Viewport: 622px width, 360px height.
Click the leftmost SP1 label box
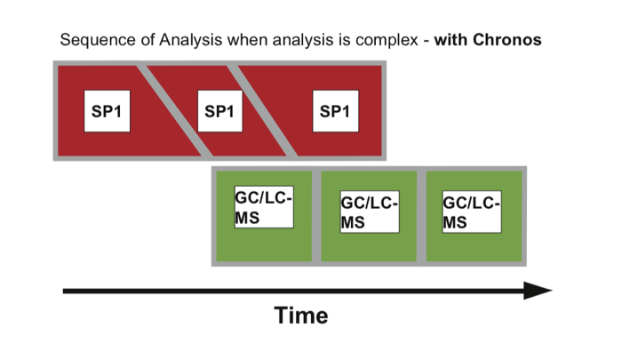(x=107, y=111)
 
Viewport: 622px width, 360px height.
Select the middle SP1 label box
(x=219, y=111)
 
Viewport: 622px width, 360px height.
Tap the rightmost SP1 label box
(x=336, y=111)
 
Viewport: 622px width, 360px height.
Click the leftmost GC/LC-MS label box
(x=263, y=206)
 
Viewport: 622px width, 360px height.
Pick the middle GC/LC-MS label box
(x=369, y=212)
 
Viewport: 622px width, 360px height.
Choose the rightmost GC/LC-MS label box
(x=472, y=212)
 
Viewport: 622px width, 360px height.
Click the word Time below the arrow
(x=300, y=315)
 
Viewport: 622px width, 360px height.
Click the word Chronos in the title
(x=506, y=41)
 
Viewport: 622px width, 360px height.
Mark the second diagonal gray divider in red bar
(x=262, y=111)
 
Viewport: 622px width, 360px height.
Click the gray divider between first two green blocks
(x=316, y=215)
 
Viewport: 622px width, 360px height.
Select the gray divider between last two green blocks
(x=421, y=215)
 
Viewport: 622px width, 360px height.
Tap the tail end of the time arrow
(x=66, y=291)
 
